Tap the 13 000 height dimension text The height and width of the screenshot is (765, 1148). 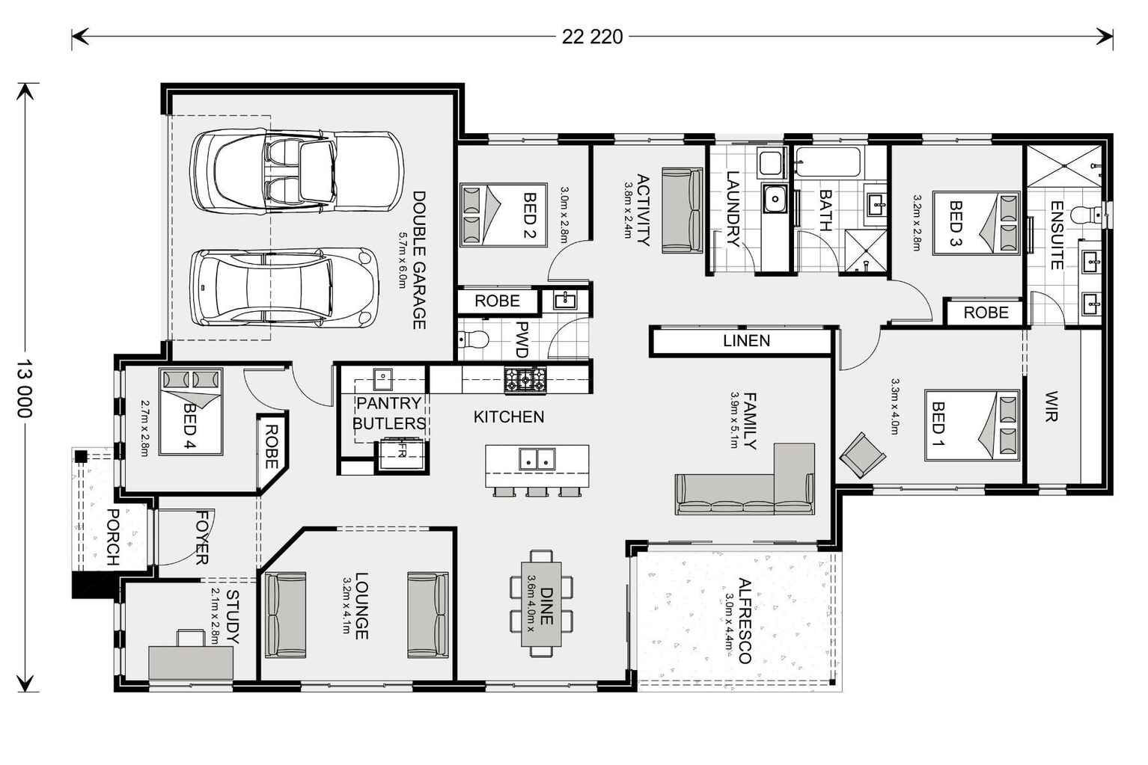coord(25,388)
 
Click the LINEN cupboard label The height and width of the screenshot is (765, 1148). coord(746,341)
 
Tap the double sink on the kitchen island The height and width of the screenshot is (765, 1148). coord(537,459)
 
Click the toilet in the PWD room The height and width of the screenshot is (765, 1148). coord(474,340)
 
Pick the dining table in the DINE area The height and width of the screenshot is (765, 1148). coord(541,603)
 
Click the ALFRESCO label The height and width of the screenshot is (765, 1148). coord(743,620)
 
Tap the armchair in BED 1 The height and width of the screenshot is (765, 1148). coord(862,455)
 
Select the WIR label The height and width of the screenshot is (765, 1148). coord(1051,406)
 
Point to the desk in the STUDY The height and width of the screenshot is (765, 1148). coord(192,660)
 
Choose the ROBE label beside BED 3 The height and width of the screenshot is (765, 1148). coord(986,313)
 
